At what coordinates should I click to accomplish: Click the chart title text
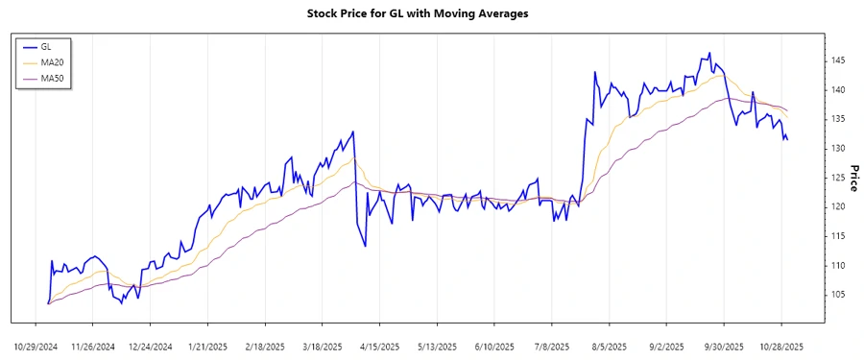click(431, 13)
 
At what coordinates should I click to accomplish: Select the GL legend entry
click(46, 46)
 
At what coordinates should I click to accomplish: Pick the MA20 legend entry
click(52, 61)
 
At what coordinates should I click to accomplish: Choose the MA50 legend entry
click(52, 77)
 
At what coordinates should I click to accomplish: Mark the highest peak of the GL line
click(709, 53)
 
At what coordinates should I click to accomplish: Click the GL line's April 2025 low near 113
click(365, 246)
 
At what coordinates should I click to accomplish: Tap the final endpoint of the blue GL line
click(787, 140)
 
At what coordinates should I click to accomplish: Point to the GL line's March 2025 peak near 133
click(353, 132)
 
